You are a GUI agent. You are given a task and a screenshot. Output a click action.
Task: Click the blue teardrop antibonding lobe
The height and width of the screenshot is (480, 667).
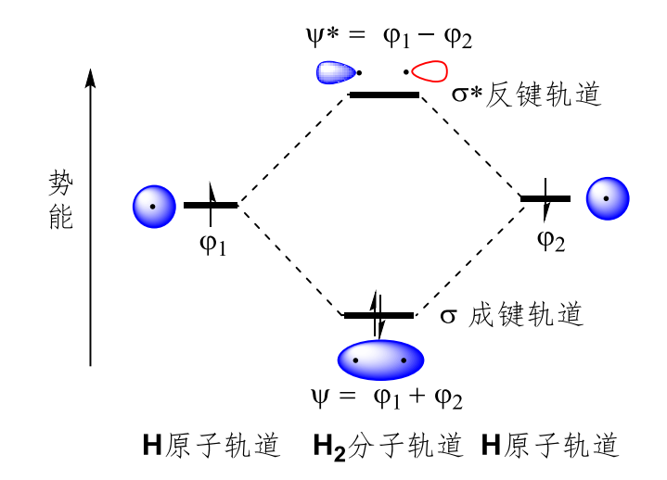pos(336,72)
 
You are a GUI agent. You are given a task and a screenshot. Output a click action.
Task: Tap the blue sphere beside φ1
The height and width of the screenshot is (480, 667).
pos(154,207)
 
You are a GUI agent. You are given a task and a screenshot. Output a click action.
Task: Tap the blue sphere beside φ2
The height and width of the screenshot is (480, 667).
pos(608,198)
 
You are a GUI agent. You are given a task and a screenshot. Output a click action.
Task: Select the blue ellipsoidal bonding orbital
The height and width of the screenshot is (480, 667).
pos(380,360)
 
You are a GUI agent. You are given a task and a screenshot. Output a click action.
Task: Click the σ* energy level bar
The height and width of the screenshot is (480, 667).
pos(384,95)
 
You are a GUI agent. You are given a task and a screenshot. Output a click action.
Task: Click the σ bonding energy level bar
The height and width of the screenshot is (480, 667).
pos(378,315)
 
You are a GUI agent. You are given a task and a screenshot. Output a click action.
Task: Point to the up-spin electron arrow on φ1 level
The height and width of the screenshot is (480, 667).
pos(211,204)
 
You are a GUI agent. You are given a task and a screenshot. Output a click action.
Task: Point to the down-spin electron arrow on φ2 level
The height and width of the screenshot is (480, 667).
pos(545,199)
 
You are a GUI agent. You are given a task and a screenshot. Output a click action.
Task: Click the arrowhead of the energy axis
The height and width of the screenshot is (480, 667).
pos(90,78)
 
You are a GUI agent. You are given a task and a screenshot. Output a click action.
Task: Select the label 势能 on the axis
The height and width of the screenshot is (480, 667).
pos(61,199)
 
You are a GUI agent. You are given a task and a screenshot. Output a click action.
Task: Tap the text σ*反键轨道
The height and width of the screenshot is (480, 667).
pos(527,95)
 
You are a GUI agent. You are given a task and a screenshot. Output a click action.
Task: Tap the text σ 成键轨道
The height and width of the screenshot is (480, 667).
pos(511,315)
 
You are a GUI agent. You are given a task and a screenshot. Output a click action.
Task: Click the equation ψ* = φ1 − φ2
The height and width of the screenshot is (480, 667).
pos(390,37)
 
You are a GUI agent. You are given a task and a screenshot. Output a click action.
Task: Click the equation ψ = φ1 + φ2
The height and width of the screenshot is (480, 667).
pos(387,398)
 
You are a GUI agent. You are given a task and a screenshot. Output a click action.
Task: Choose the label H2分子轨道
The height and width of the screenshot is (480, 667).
pos(388,446)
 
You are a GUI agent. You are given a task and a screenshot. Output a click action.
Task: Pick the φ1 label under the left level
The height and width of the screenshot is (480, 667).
pos(212,246)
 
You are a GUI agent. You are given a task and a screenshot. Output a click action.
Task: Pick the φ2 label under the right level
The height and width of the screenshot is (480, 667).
pos(551,241)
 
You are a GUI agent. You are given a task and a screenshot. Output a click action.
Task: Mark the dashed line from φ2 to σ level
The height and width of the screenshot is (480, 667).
pos(469,260)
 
